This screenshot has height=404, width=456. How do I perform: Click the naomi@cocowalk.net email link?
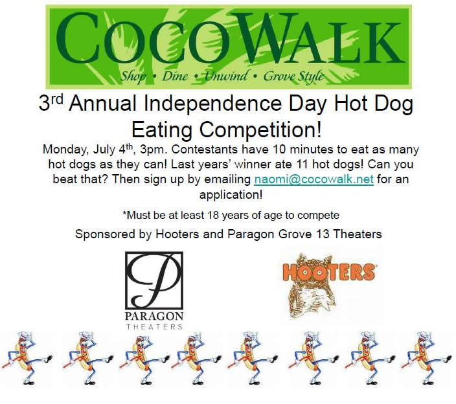point(313,179)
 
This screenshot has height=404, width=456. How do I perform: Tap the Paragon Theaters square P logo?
point(154,280)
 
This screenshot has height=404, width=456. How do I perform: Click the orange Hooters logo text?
point(328,272)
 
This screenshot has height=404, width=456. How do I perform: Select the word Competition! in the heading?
point(260,130)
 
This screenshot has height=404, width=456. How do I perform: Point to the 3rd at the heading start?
point(51,102)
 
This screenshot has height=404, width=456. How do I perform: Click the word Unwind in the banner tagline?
point(227,76)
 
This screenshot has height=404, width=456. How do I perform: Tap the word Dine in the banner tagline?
point(175,76)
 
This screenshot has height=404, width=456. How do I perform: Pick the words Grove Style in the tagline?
point(293,76)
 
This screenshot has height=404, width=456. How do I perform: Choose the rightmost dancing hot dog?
point(426,358)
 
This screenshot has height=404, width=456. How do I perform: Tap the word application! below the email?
point(231,194)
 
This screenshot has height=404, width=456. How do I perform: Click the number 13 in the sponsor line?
point(322,234)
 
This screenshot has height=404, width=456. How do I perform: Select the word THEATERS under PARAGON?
point(154,327)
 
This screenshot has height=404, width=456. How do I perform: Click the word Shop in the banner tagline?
point(133,76)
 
